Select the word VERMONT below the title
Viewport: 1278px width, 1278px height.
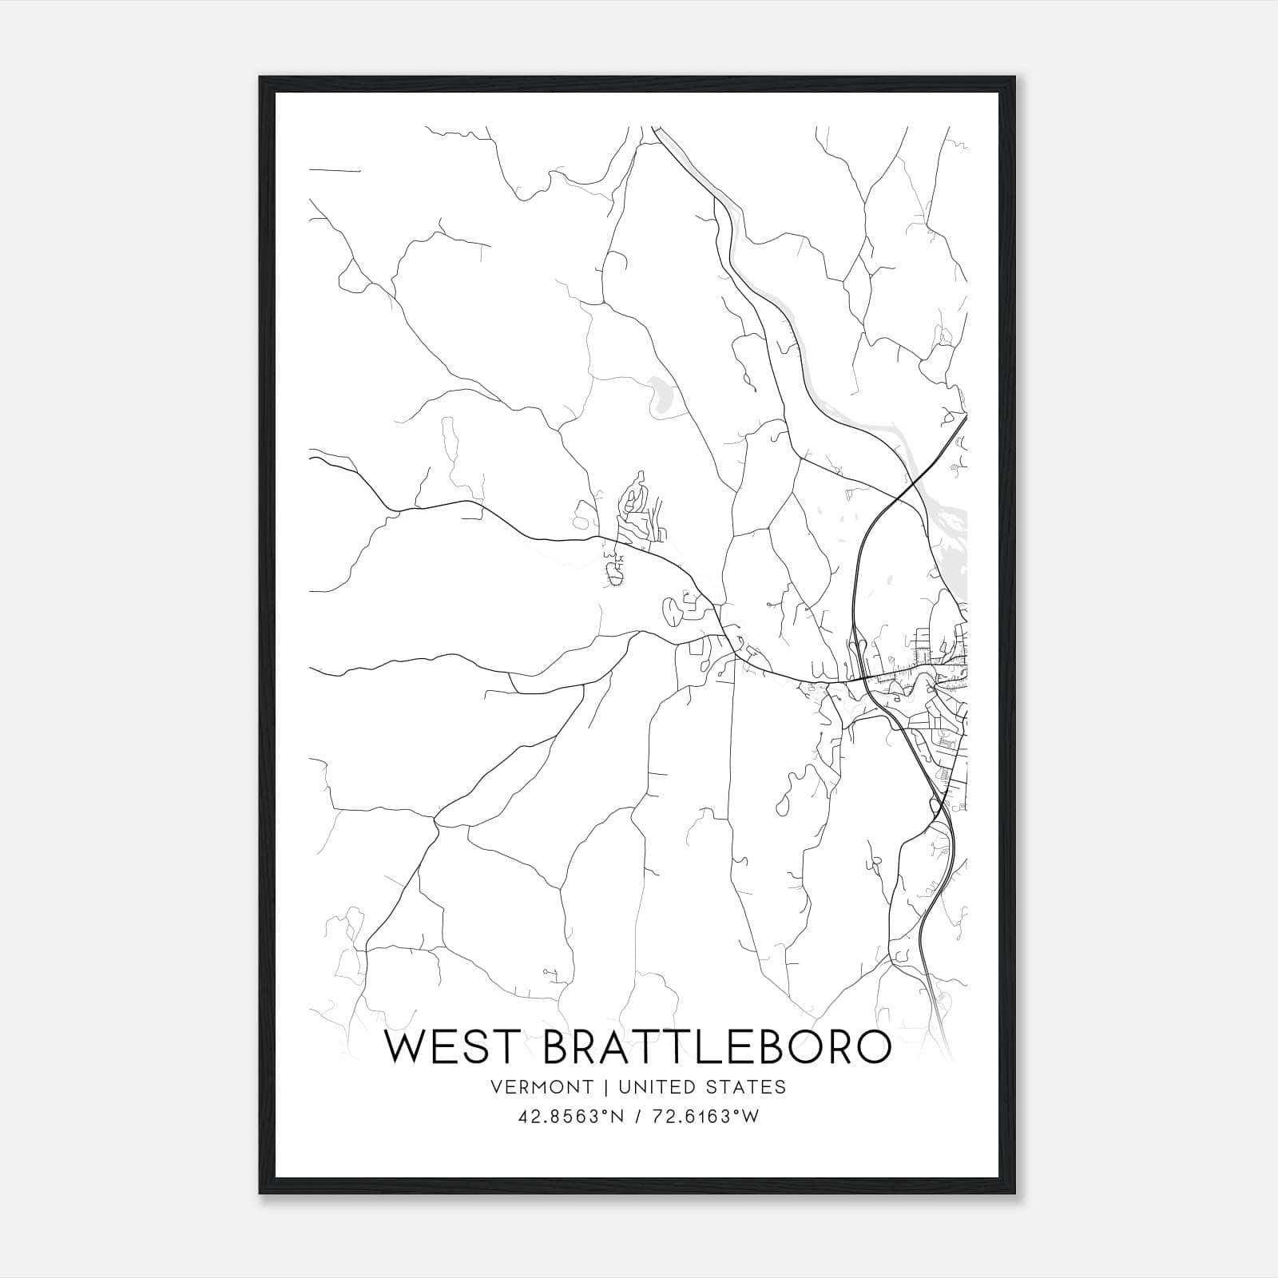click(x=543, y=1087)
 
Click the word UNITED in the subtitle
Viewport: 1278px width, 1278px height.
click(x=661, y=1087)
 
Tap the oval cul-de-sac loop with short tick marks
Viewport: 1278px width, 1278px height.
click(x=615, y=574)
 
